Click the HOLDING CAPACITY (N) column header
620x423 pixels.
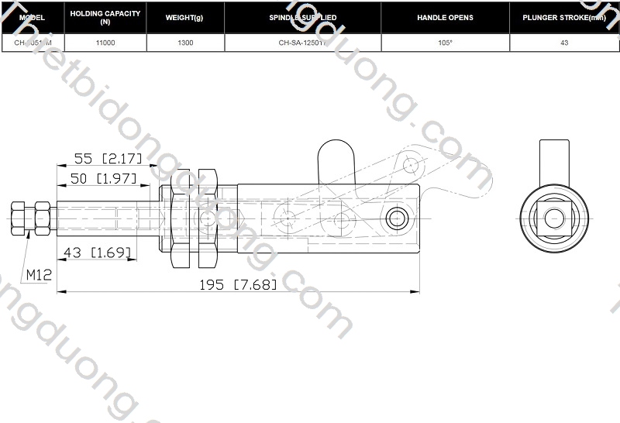pyautogui.click(x=105, y=17)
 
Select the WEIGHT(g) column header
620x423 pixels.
pyautogui.click(x=185, y=17)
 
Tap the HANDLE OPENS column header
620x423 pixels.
pyautogui.click(x=445, y=17)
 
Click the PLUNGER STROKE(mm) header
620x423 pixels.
pyautogui.click(x=563, y=17)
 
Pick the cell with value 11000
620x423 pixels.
pyautogui.click(x=105, y=43)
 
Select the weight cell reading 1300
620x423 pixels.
pyautogui.click(x=185, y=43)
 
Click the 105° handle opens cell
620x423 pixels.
pyautogui.click(x=445, y=43)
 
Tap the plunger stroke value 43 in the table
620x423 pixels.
pyautogui.click(x=563, y=43)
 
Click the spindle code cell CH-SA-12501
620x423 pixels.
pyautogui.click(x=302, y=43)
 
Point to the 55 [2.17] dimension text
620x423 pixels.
pyautogui.click(x=108, y=159)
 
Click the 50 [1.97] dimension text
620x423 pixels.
pyautogui.click(x=104, y=179)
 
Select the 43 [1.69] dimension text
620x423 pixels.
pyautogui.click(x=97, y=252)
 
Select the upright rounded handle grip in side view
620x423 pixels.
pyautogui.click(x=336, y=163)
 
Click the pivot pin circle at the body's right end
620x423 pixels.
pyautogui.click(x=398, y=218)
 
